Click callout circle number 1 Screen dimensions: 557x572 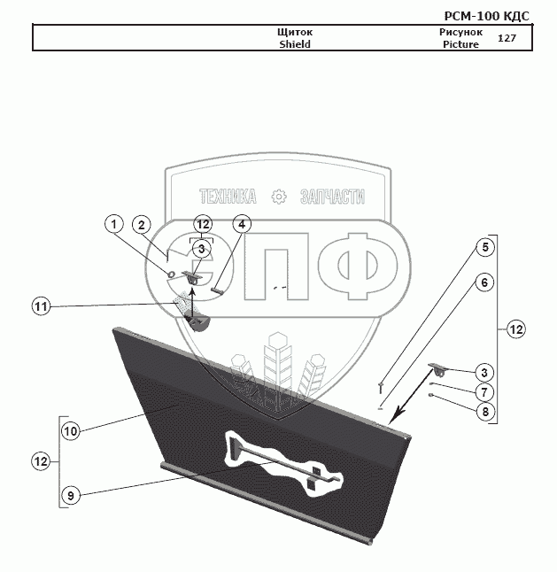click(113, 225)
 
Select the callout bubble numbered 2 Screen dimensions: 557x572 click(143, 225)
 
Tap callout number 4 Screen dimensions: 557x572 click(242, 224)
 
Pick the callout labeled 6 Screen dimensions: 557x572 click(484, 282)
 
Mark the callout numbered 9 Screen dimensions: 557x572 click(71, 494)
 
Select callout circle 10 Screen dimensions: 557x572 click(71, 431)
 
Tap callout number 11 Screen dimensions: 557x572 click(41, 306)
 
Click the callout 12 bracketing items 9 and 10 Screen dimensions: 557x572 click(41, 461)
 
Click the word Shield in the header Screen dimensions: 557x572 click(295, 44)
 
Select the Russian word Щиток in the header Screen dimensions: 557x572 click(295, 33)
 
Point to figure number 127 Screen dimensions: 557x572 click(507, 38)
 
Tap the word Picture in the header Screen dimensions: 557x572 click(460, 44)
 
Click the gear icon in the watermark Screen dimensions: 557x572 click(279, 197)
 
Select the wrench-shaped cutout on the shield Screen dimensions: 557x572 click(283, 460)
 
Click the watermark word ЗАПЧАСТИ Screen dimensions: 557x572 click(333, 197)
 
